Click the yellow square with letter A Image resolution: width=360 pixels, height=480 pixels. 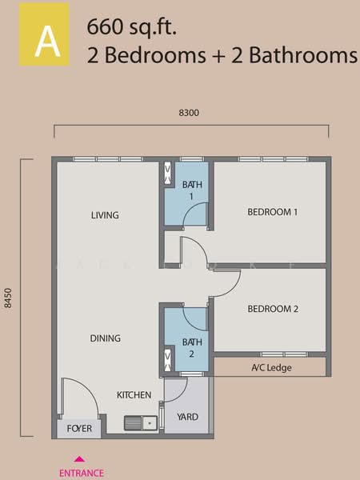(44, 34)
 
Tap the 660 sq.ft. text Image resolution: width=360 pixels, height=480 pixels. (132, 28)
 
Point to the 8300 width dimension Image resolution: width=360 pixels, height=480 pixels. (189, 113)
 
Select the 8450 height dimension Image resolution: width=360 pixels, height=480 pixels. (8, 298)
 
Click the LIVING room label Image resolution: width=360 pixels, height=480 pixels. (105, 215)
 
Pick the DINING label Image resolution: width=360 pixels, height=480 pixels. (106, 338)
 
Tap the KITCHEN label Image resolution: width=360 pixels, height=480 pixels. (134, 395)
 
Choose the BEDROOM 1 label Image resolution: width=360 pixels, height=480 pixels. (273, 212)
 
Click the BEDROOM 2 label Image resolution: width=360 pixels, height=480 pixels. (273, 309)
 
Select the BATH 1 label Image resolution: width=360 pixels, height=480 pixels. (192, 190)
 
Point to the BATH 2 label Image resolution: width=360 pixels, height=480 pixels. (192, 348)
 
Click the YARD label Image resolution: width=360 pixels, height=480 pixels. (188, 417)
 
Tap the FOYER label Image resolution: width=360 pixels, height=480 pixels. (79, 429)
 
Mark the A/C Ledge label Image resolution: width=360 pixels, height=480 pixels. (271, 368)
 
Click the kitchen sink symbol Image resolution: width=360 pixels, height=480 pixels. (141, 423)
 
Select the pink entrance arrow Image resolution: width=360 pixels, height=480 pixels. (79, 459)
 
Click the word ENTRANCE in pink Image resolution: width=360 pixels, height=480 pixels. (82, 473)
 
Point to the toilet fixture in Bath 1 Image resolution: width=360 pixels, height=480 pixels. (168, 174)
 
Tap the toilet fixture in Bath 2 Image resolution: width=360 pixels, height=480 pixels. (168, 360)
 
